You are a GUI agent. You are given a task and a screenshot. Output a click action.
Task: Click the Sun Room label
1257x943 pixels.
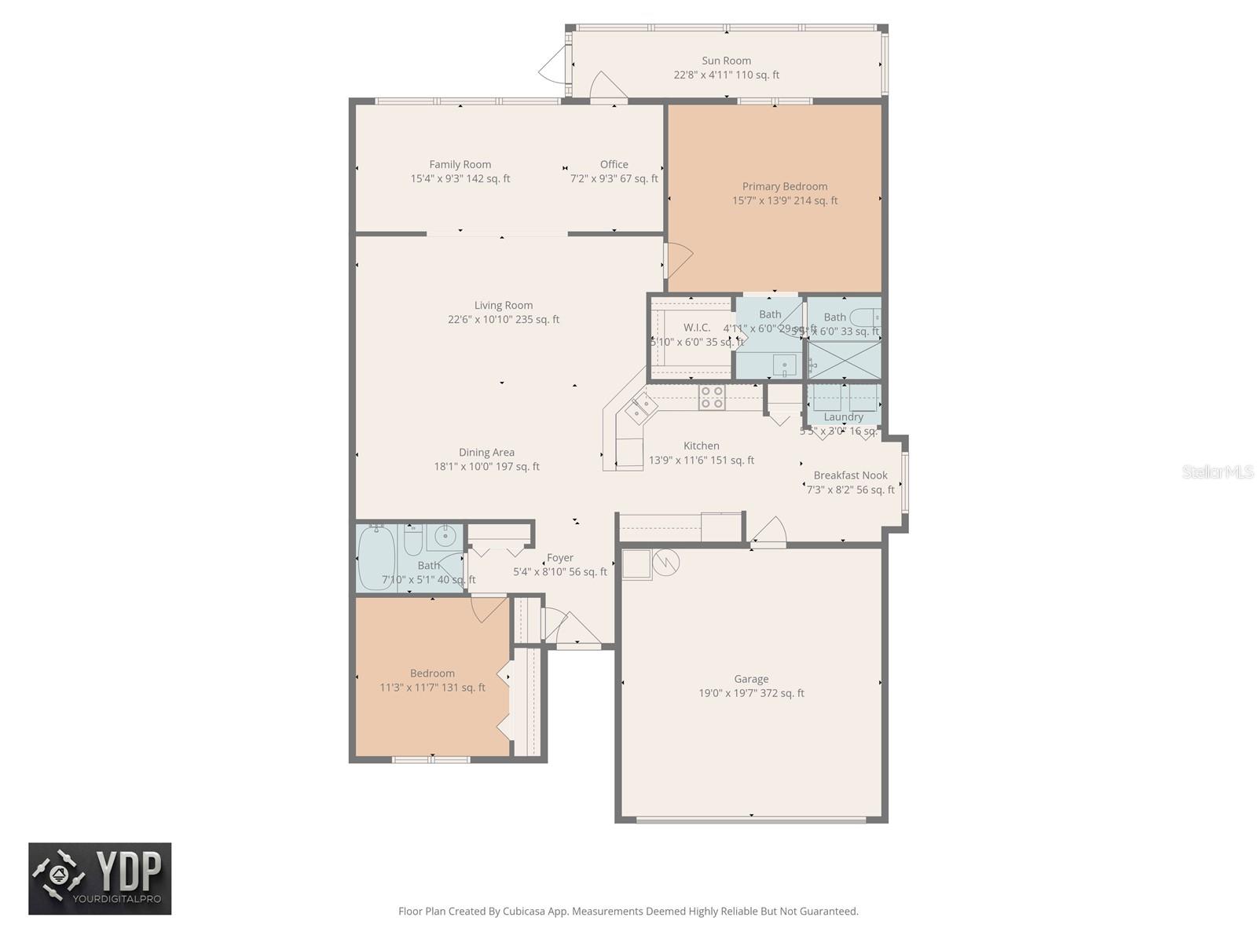726,61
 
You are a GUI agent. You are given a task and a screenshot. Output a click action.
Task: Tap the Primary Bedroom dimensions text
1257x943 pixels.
785,201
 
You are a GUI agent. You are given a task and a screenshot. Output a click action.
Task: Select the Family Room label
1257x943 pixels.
460,164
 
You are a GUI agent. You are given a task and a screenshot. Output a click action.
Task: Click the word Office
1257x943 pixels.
614,164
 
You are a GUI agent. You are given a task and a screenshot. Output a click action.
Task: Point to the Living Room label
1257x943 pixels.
503,306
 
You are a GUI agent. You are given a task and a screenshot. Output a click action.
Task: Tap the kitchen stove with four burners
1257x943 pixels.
712,398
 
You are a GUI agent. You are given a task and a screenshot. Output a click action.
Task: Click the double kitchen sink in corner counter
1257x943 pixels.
641,407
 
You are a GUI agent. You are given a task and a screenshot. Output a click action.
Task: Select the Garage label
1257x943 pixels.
751,679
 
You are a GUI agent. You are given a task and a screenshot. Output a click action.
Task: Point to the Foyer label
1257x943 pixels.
559,558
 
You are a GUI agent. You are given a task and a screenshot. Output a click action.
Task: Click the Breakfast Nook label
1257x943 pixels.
850,475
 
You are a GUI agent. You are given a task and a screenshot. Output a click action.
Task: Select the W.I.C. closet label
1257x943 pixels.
696,328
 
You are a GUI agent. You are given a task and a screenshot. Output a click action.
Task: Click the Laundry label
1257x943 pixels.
843,417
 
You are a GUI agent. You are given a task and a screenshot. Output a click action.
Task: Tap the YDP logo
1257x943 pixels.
100,879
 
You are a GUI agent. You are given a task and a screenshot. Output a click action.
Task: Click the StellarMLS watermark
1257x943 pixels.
1218,472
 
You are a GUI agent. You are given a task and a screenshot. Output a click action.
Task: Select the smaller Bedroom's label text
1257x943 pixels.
432,673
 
